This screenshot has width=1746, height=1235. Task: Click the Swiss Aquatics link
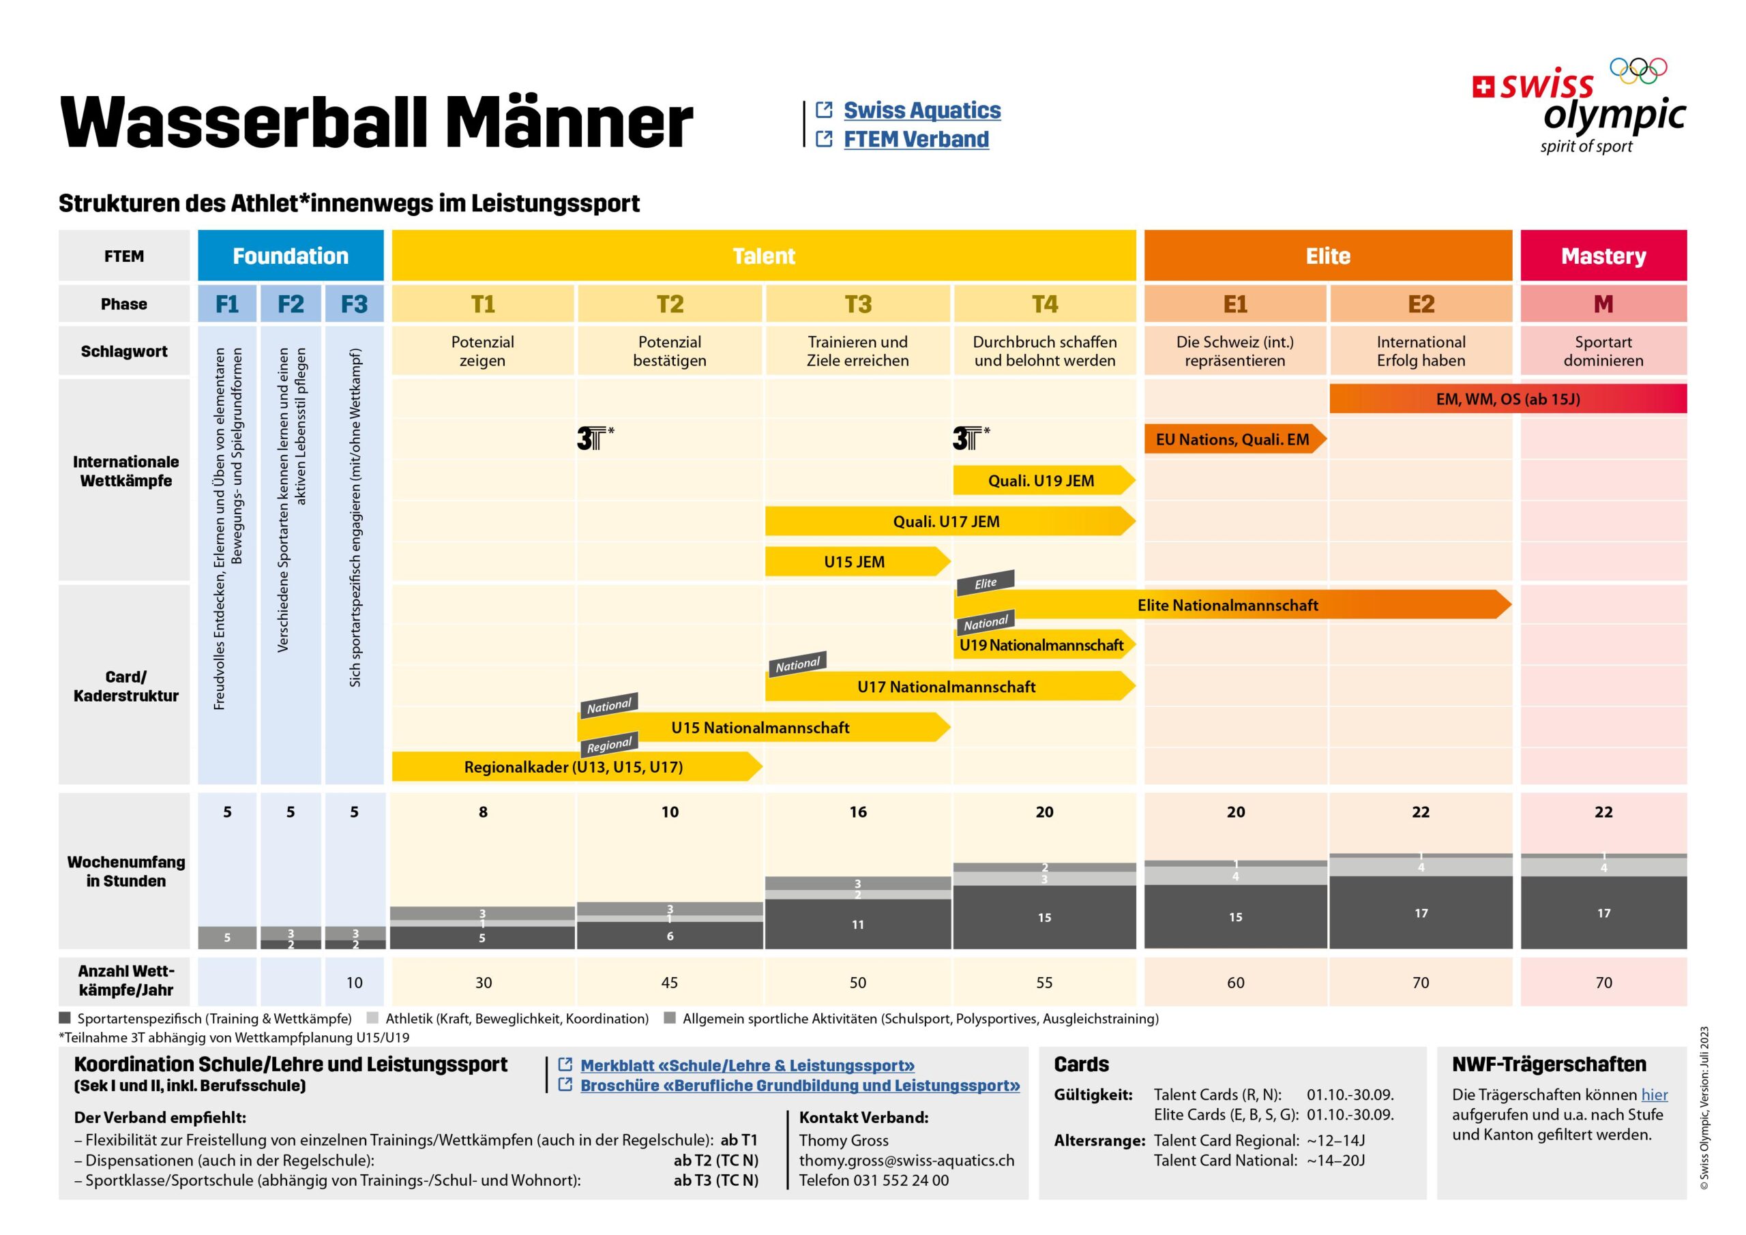tap(921, 110)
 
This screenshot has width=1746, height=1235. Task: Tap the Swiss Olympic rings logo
tap(1638, 71)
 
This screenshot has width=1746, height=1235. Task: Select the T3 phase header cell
tap(858, 304)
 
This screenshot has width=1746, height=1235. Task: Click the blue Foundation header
tap(291, 256)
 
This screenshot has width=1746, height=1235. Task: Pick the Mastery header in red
tap(1603, 256)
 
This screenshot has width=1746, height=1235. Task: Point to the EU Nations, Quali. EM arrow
tap(1232, 440)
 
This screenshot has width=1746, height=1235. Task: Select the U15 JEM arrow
tap(855, 562)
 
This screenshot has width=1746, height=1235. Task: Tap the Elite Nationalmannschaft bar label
tap(1228, 606)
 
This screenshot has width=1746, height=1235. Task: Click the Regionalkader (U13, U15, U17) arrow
tap(574, 767)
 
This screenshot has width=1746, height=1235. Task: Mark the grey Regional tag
tap(609, 745)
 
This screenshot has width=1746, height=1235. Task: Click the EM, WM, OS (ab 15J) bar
tap(1507, 399)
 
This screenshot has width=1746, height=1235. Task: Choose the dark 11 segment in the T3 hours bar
tap(858, 925)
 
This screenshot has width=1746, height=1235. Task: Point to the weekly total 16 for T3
tap(858, 812)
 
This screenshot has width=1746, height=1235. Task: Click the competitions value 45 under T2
tap(669, 983)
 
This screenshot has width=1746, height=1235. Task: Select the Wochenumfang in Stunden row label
tap(125, 872)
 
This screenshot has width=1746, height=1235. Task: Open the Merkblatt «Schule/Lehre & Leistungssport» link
tap(747, 1065)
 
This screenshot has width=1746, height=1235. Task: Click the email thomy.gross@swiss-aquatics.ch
tap(906, 1161)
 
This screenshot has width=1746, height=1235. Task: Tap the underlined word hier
tap(1654, 1095)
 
